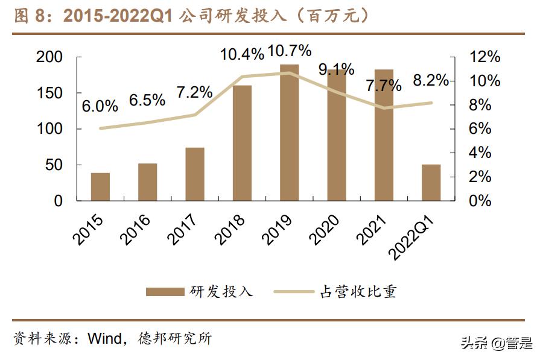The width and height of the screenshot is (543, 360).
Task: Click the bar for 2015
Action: pyautogui.click(x=100, y=186)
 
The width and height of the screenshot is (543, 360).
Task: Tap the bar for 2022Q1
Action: pyautogui.click(x=431, y=182)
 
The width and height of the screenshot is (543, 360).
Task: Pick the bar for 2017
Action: pyautogui.click(x=195, y=174)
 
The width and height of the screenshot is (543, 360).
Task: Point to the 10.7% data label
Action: pyautogui.click(x=290, y=51)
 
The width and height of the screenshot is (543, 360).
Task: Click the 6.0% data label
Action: pyautogui.click(x=100, y=106)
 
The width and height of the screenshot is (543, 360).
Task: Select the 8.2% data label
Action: pyautogui.click(x=431, y=80)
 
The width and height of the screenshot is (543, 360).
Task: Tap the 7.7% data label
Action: pyautogui.click(x=384, y=86)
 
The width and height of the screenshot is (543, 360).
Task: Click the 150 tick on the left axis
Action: pyautogui.click(x=49, y=93)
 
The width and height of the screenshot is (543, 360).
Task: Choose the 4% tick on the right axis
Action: pyautogui.click(x=480, y=153)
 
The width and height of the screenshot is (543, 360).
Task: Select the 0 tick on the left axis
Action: pyautogui.click(x=59, y=201)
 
